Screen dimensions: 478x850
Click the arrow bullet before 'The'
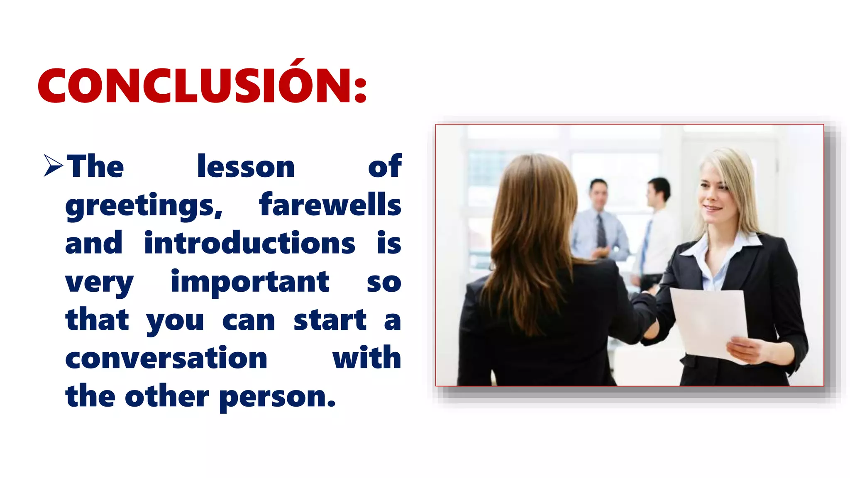[53, 166]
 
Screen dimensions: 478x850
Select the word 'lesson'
[246, 166]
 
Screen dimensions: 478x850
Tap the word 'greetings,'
[144, 206]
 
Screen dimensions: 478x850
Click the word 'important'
[250, 282]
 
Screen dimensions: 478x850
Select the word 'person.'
[277, 397]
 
